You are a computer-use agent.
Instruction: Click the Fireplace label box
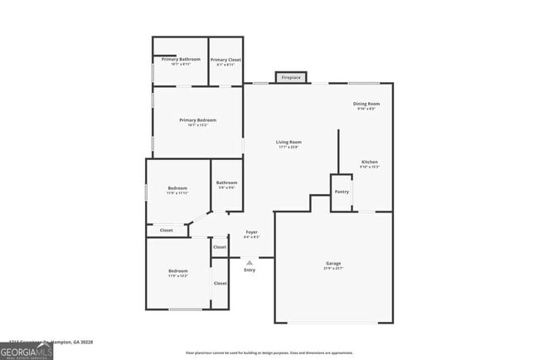(x=290, y=78)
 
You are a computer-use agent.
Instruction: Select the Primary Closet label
(x=225, y=60)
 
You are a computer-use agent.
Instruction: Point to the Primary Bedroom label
(x=198, y=120)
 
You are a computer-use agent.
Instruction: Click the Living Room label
(x=289, y=142)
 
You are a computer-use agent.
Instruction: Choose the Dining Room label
(x=367, y=104)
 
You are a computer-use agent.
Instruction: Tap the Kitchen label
(x=369, y=162)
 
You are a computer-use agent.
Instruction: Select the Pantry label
(x=342, y=192)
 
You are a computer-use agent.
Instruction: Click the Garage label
(x=333, y=264)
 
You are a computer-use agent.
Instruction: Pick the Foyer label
(x=251, y=232)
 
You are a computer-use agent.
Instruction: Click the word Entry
(x=250, y=270)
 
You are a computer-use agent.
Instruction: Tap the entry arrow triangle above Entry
(x=250, y=262)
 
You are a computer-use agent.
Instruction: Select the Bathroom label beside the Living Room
(x=226, y=182)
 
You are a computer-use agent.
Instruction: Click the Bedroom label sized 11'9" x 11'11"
(x=177, y=187)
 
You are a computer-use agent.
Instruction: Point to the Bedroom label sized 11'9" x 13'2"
(x=178, y=271)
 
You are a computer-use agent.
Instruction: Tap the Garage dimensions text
(x=333, y=269)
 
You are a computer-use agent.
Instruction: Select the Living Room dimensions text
(x=289, y=148)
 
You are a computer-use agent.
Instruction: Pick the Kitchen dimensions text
(x=369, y=167)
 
